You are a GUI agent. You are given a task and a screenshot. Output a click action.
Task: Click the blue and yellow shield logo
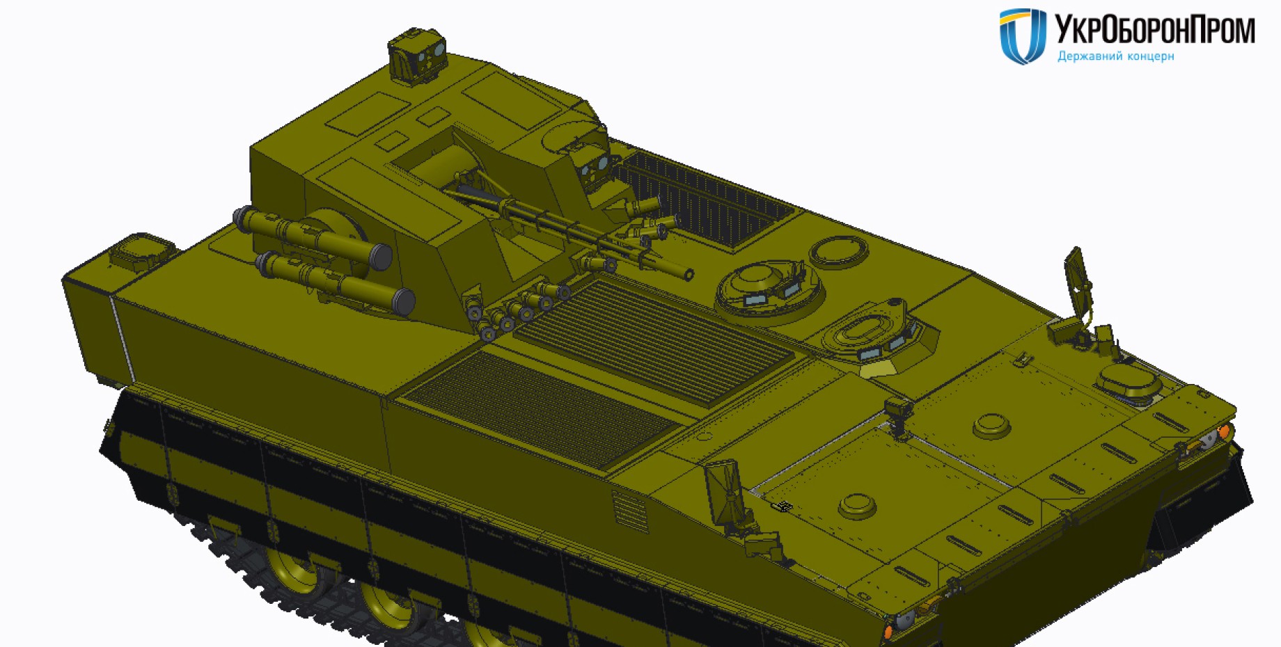pos(1023,36)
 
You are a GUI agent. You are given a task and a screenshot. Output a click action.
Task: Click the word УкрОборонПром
pos(1155,29)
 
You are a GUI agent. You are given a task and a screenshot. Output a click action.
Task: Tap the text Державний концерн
pos(1115,56)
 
